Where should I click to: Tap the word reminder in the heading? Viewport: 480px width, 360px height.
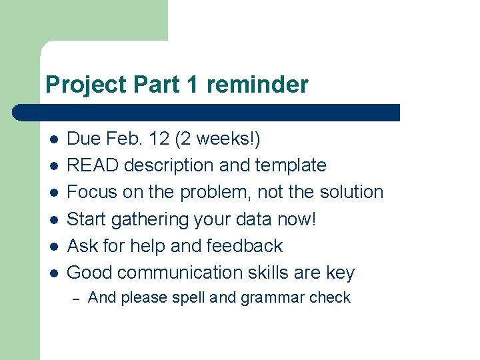(257, 85)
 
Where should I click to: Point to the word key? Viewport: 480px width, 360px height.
(341, 273)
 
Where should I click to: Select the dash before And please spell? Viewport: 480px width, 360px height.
(77, 298)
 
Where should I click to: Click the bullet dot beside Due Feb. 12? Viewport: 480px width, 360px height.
(53, 139)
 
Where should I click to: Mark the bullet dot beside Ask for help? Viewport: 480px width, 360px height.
(53, 246)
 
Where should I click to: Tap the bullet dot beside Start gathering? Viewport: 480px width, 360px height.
(53, 219)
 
